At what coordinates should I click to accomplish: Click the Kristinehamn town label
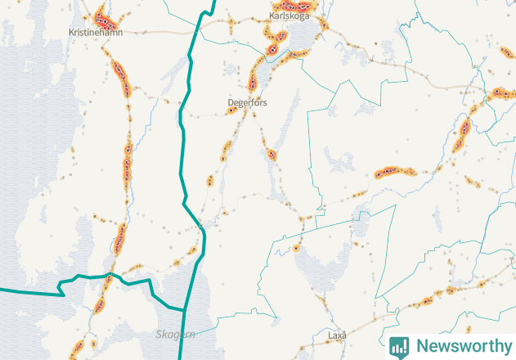(96, 31)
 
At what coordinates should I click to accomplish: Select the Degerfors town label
(247, 103)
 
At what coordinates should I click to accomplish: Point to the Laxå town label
(337, 335)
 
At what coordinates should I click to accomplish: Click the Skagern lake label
(176, 335)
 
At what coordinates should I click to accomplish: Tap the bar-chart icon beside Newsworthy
(400, 346)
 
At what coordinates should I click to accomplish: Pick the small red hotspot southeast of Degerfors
(271, 154)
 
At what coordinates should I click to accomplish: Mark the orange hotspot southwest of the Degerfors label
(225, 151)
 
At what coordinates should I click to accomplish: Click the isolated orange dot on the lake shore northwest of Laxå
(296, 245)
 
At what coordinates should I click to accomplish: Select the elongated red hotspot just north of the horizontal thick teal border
(122, 237)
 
